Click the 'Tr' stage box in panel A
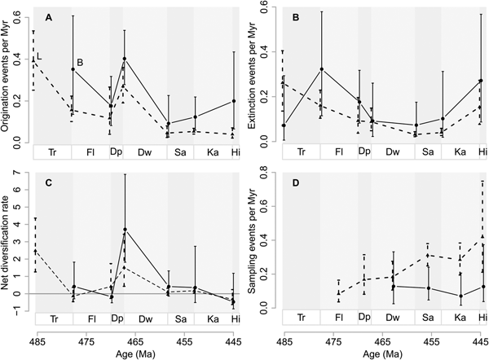point(54,153)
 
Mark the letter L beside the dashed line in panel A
point(40,55)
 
